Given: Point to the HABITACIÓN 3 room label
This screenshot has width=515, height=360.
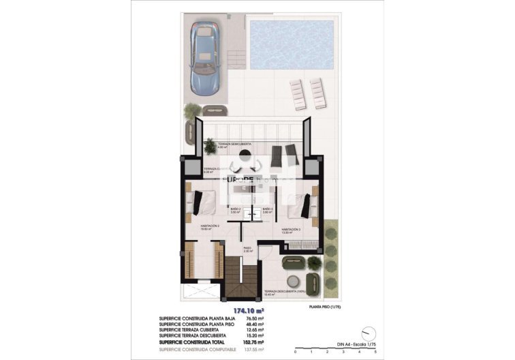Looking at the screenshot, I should click(x=292, y=230).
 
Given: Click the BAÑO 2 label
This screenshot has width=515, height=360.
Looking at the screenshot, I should click(x=236, y=210).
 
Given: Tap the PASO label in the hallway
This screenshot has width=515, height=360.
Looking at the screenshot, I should click(x=248, y=250).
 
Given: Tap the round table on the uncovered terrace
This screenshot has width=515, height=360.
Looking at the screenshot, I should click(x=295, y=280).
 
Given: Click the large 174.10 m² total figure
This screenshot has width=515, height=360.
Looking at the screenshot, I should click(x=248, y=311).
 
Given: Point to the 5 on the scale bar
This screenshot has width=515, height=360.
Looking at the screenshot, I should click(x=375, y=352).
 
